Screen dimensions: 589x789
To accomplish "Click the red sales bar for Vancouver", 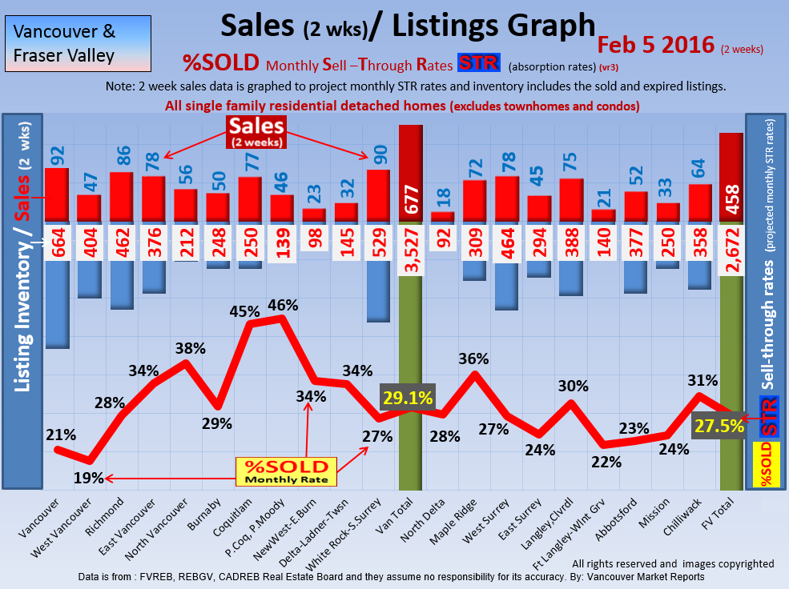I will tap(56, 194).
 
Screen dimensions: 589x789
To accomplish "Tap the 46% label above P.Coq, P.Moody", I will tap(283, 305).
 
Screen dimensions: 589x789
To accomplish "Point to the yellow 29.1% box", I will tap(408, 397).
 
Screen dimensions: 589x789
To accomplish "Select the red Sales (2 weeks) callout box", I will tap(256, 130).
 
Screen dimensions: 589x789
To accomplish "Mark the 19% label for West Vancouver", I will tap(89, 478).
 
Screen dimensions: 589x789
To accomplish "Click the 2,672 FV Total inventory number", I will tap(732, 247).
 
